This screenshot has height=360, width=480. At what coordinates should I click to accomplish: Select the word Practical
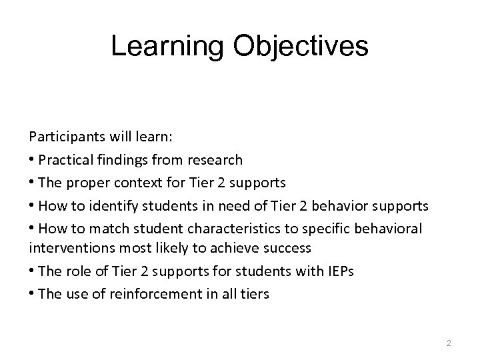click(x=65, y=160)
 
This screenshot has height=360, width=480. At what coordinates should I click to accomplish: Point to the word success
click(x=289, y=249)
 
